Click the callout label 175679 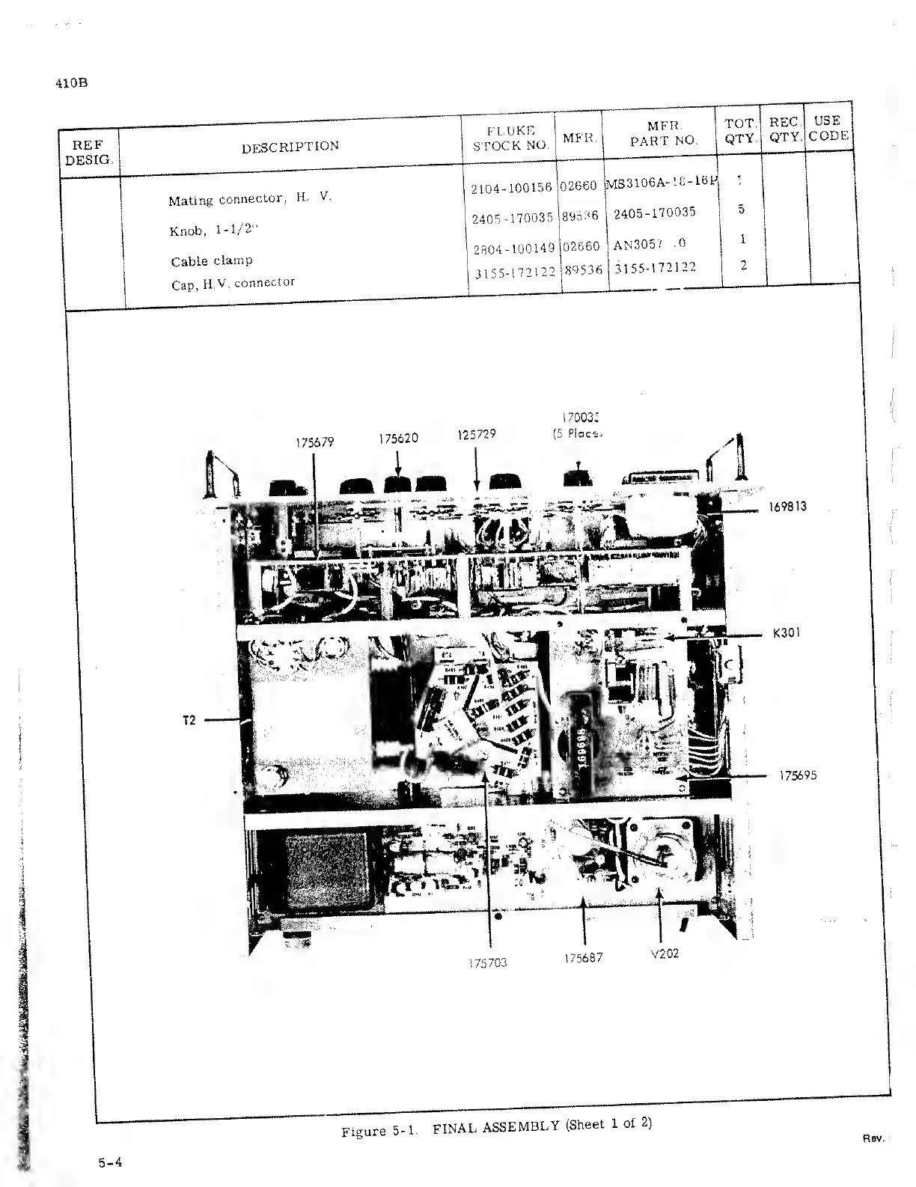(314, 442)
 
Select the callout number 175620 (397, 439)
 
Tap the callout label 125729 (477, 434)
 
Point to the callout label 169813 (787, 507)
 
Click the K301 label (787, 633)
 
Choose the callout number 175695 (798, 775)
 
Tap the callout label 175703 (488, 963)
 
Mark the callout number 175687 (584, 958)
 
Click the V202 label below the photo (665, 954)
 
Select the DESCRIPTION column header (290, 147)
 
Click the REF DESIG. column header (88, 152)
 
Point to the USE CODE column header (828, 128)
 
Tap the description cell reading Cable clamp (212, 261)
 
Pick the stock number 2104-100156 (511, 188)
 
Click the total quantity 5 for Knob (741, 210)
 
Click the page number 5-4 (110, 1162)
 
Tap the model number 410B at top (72, 83)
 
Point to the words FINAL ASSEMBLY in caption (496, 1126)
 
